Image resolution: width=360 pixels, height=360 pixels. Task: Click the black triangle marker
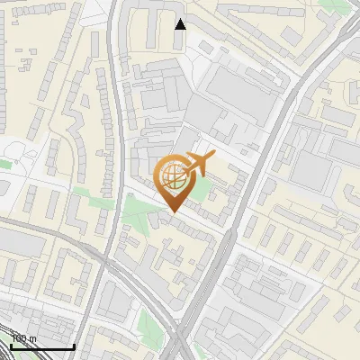point(181,24)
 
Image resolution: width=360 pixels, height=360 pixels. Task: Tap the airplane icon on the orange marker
point(199,165)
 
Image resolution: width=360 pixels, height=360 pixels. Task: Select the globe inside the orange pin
point(172,176)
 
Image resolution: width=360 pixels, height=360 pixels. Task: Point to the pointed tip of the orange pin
point(172,211)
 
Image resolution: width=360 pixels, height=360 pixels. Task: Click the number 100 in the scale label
point(20,338)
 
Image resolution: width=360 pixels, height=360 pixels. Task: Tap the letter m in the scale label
point(33,338)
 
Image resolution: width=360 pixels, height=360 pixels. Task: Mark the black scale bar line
point(41,346)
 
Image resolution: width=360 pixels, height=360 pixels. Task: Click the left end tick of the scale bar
point(10,345)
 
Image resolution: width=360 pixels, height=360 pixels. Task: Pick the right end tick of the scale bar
point(73,345)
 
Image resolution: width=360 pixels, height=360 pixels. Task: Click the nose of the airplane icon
point(215,157)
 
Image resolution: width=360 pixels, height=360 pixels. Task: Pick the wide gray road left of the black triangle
point(112,36)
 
